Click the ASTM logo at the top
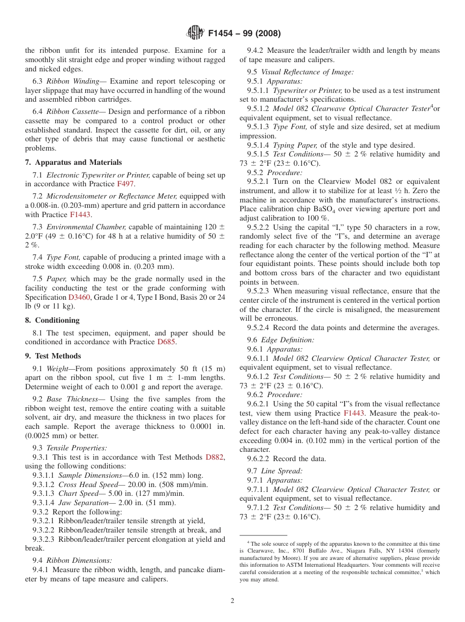click(195, 33)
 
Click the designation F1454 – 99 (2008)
click(244, 34)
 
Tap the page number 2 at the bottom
click(232, 601)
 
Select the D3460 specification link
click(79, 297)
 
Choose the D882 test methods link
click(214, 457)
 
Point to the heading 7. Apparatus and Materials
click(73, 162)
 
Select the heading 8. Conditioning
click(52, 320)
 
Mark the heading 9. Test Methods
click(53, 356)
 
